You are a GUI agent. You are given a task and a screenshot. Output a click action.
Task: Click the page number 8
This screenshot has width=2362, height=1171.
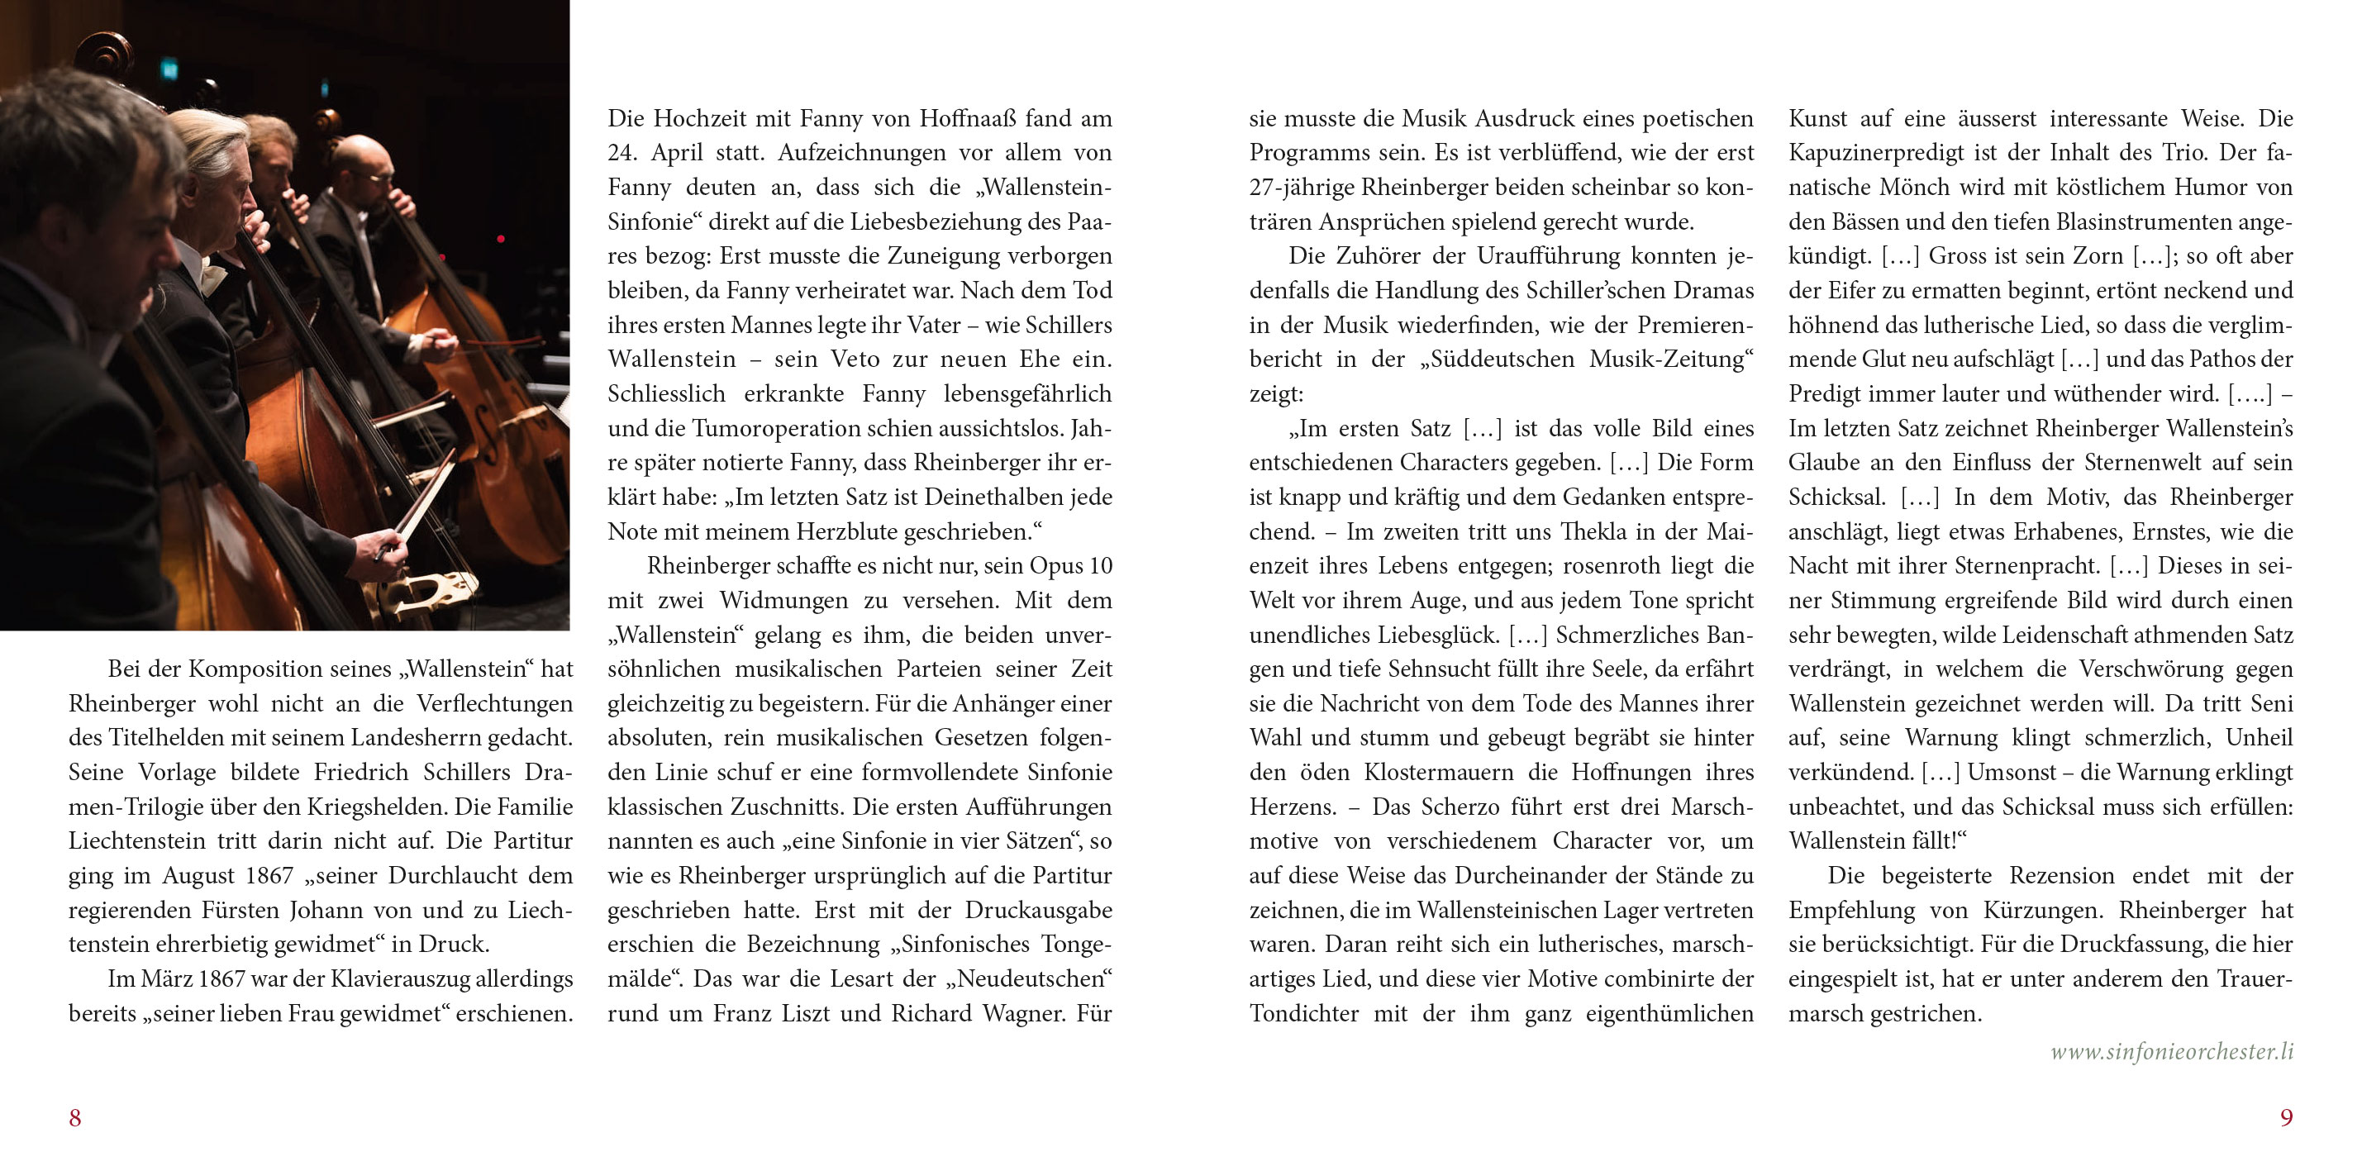pos(75,1118)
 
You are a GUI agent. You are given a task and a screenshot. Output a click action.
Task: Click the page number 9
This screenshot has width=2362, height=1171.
pos(2286,1118)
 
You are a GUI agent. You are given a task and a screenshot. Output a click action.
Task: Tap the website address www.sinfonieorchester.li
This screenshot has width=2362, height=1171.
pos(2171,1052)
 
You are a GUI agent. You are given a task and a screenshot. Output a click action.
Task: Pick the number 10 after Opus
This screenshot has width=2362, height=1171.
pos(1100,567)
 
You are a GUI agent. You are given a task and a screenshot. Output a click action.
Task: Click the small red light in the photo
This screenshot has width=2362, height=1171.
pos(501,240)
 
